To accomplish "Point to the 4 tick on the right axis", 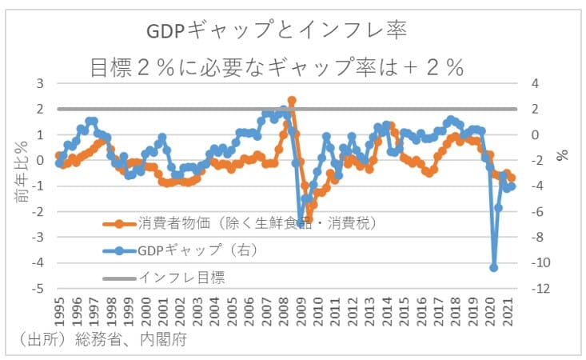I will pyautogui.click(x=535, y=83).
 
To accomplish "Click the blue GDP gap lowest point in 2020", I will pyautogui.click(x=494, y=268).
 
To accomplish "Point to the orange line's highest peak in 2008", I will pyautogui.click(x=292, y=101).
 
